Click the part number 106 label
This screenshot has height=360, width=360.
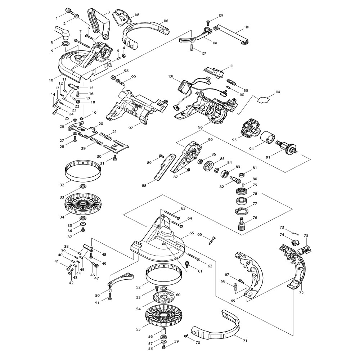166,21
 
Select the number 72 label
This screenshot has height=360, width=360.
301,293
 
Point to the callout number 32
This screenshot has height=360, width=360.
62,185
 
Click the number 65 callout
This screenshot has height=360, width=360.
192,233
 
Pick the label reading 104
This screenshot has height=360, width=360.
278,92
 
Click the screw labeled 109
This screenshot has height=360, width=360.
208,21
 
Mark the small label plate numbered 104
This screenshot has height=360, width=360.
264,98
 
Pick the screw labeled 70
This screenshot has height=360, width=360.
187,336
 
